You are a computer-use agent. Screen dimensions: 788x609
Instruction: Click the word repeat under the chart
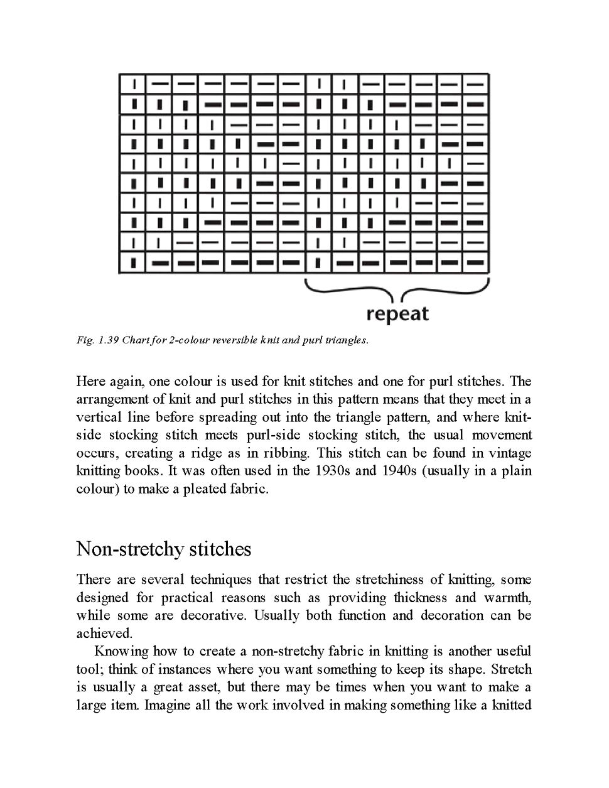click(397, 313)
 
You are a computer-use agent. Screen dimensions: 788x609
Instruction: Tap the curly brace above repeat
click(397, 289)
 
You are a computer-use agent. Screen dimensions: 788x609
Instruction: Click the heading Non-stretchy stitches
click(163, 549)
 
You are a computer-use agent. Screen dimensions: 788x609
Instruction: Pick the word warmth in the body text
click(506, 597)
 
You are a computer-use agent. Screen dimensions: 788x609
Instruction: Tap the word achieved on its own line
click(104, 633)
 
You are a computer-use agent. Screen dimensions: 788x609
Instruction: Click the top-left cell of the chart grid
click(133, 83)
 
